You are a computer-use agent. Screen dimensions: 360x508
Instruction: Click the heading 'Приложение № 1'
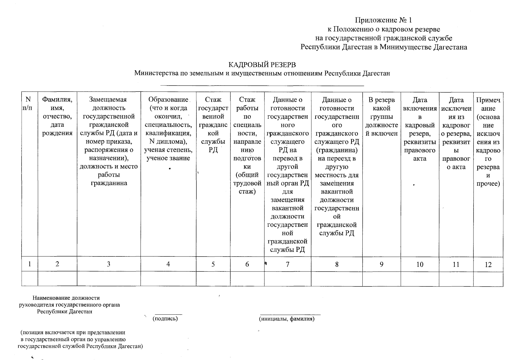click(x=383, y=20)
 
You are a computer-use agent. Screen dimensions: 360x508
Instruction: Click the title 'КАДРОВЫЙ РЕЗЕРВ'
click(x=262, y=65)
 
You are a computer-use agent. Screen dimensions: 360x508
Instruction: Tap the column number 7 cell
click(x=288, y=264)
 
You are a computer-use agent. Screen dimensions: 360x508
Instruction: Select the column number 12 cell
click(x=488, y=265)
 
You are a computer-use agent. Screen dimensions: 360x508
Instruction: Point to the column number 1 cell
click(x=29, y=264)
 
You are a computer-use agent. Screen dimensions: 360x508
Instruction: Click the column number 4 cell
click(x=168, y=264)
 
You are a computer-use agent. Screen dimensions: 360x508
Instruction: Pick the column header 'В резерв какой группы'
click(x=381, y=116)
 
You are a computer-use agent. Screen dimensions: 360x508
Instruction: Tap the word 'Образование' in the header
click(x=168, y=100)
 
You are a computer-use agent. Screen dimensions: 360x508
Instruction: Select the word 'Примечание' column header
click(x=488, y=104)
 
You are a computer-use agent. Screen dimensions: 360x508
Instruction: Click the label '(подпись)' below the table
click(x=165, y=319)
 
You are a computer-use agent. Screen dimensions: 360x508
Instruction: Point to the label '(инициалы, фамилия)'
click(x=287, y=319)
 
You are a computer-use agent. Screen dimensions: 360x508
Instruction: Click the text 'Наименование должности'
click(x=66, y=298)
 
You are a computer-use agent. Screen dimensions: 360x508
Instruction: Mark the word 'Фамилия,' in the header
click(x=57, y=100)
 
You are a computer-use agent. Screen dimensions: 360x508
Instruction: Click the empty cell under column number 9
click(x=381, y=279)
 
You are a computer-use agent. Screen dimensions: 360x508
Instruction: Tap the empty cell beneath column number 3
click(x=109, y=279)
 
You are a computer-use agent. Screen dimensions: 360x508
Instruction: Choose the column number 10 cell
click(x=420, y=264)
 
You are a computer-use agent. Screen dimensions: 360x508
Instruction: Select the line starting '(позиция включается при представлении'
click(x=73, y=332)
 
